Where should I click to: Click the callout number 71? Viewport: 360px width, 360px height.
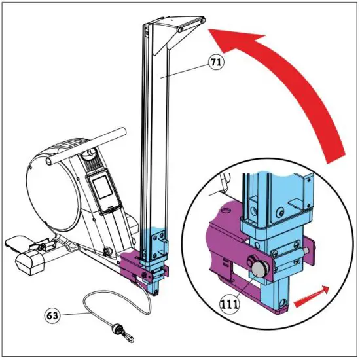(x=215, y=63)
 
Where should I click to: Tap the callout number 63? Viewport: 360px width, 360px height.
(x=52, y=315)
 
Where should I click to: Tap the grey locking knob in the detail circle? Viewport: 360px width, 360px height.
(x=256, y=266)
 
